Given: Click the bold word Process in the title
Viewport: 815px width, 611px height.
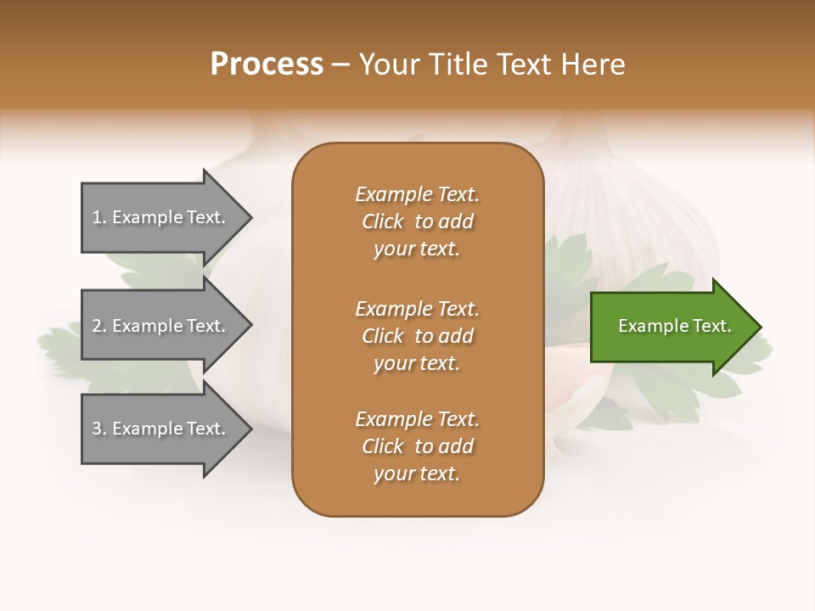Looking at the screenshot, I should click(267, 64).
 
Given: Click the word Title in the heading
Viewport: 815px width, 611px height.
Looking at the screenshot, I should click(456, 64).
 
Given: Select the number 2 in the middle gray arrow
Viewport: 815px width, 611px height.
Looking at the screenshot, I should click(98, 326).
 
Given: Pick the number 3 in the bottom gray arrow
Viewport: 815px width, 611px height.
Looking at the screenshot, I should click(98, 429).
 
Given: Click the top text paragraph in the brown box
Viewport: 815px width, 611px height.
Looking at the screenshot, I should click(417, 221).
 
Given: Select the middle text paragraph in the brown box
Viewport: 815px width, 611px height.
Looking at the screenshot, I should click(417, 335).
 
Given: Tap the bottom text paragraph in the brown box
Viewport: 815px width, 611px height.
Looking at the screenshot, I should click(417, 446).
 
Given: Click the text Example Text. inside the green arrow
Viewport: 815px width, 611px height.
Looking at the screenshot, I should click(674, 326).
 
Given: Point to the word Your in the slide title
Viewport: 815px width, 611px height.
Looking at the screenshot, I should click(388, 64).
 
